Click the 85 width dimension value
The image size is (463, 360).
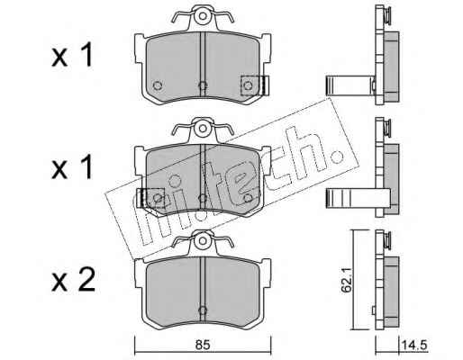(203, 345)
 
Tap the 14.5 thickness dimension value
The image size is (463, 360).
(414, 345)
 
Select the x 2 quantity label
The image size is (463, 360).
(73, 280)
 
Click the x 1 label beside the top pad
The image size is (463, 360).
(72, 56)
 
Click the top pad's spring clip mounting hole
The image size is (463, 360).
(203, 16)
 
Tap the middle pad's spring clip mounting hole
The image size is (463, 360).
(203, 129)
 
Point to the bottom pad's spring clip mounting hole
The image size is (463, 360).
(203, 240)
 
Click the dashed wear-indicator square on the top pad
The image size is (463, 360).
(250, 85)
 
